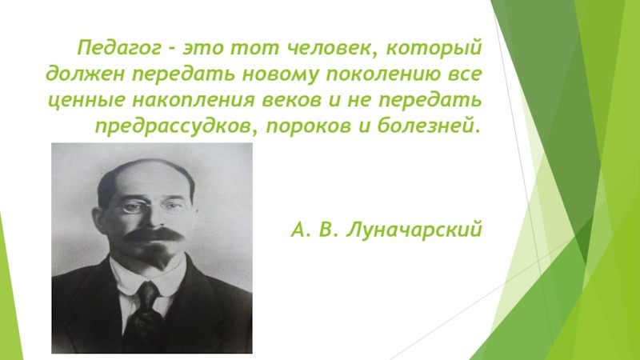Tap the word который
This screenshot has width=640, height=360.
(434, 49)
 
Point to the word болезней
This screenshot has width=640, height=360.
(426, 126)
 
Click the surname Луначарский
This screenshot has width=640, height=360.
(414, 230)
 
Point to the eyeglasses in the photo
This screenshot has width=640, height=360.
(152, 207)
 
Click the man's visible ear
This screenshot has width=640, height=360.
(99, 221)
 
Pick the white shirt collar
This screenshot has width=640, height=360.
(147, 278)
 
